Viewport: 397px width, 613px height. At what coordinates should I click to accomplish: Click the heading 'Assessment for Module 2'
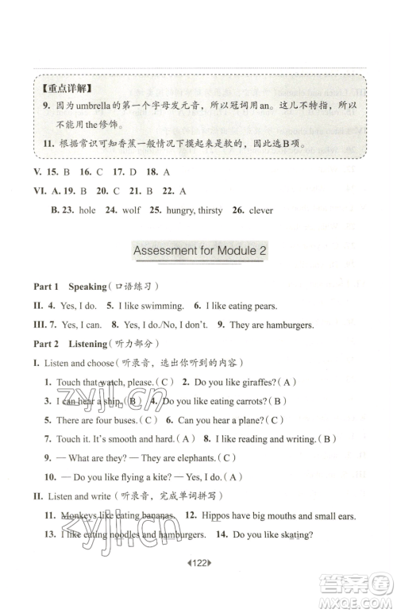point(198,251)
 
